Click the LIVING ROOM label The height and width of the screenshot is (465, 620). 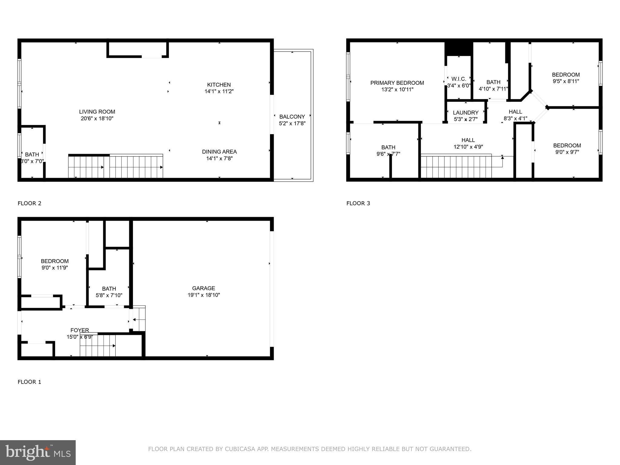[97, 112]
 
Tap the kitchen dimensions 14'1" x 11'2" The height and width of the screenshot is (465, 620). [219, 91]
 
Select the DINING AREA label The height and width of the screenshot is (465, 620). [219, 152]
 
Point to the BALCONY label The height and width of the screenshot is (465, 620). [292, 117]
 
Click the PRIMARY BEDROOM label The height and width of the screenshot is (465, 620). [397, 83]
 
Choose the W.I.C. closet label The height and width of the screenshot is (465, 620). [459, 79]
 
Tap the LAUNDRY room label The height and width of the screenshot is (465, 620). [466, 113]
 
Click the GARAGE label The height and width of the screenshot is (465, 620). [203, 288]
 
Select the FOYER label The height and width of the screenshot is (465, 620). [80, 330]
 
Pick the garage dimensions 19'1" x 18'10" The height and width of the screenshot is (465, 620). [203, 295]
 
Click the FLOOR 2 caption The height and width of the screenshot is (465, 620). [29, 203]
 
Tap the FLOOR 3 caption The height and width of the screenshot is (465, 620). [358, 203]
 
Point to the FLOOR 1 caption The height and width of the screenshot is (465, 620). [29, 382]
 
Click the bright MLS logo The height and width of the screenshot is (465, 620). [38, 452]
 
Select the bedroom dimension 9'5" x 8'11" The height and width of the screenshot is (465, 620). [566, 81]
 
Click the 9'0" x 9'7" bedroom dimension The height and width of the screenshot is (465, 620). [567, 152]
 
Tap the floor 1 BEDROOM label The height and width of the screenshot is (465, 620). [55, 261]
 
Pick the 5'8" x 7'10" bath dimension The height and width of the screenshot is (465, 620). [109, 295]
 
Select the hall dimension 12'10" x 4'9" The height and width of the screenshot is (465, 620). [468, 147]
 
